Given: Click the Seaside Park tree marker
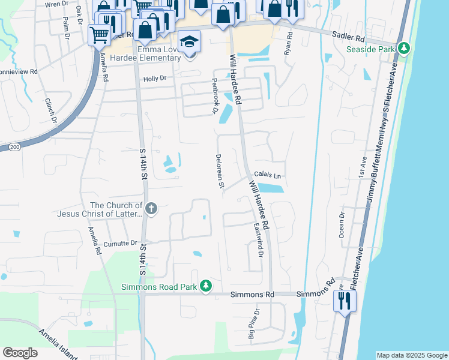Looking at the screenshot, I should (x=405, y=48).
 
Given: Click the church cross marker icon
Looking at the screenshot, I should (x=151, y=209).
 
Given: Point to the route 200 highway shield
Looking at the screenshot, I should (x=13, y=146).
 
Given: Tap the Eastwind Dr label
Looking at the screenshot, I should (x=258, y=240).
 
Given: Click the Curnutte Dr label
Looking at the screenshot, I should (x=121, y=244).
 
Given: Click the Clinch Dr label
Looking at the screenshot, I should (x=50, y=110).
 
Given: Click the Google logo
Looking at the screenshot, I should (x=20, y=353).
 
